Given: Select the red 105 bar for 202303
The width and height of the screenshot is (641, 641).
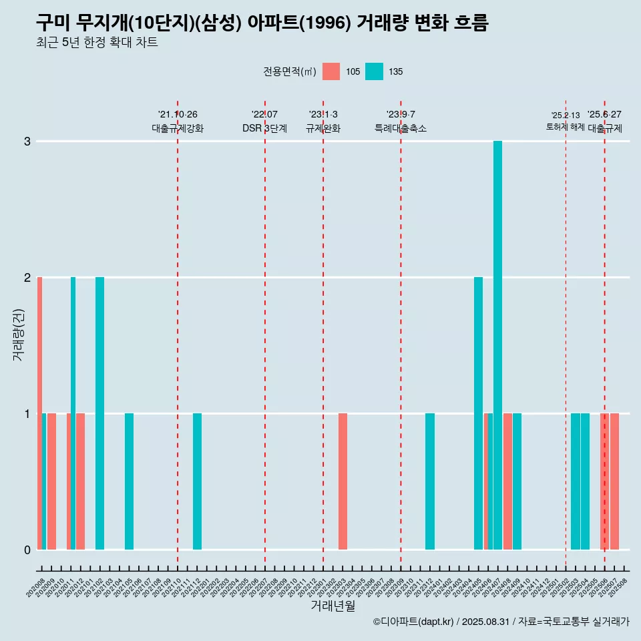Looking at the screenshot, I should tap(343, 481).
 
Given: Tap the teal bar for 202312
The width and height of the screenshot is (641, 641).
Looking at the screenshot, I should tap(430, 481).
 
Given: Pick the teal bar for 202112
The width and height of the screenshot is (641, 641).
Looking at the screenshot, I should tap(197, 481).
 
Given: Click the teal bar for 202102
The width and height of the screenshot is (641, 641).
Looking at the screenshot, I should tap(99, 413).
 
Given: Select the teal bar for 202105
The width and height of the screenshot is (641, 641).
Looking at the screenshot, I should tap(129, 481).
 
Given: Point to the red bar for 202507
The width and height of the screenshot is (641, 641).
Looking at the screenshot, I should tap(614, 481).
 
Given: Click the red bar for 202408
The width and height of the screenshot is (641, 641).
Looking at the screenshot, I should tap(507, 481).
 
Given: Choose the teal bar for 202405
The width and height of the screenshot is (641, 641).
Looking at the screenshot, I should tap(478, 413).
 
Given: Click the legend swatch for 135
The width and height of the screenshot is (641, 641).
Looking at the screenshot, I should tap(375, 71).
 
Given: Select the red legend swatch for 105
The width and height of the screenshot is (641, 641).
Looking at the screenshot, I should tap(331, 71).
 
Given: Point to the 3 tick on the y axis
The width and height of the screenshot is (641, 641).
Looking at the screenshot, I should tap(27, 142).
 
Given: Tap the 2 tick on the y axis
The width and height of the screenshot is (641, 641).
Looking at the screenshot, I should tap(27, 277).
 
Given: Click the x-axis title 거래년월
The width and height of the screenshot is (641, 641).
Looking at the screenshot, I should tap(333, 606).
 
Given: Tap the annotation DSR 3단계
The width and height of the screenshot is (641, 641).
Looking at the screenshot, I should tap(264, 128).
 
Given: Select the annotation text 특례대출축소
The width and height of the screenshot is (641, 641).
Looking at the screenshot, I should tap(400, 128).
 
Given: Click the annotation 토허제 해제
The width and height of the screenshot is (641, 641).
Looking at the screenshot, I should tap(565, 127).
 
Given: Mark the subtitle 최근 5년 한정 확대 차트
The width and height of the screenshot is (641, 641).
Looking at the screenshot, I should tap(97, 43).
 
